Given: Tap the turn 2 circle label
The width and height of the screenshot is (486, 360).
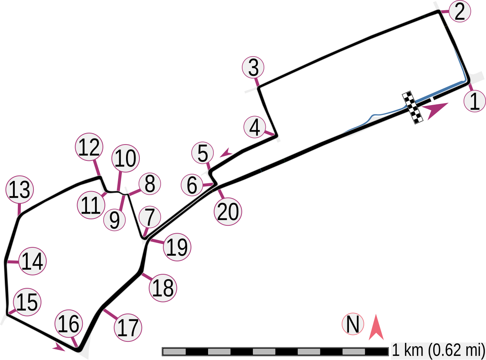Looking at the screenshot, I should (459, 12).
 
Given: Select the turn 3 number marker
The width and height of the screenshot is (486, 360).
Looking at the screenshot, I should (254, 68).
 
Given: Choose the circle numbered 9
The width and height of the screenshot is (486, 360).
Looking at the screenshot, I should (114, 220).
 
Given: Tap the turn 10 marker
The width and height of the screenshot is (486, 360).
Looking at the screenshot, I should (125, 159).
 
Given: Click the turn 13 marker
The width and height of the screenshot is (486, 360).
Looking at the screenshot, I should (20, 190).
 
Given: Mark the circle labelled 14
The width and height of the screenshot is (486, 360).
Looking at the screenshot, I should (33, 261).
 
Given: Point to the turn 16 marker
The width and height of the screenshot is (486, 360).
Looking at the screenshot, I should (69, 324).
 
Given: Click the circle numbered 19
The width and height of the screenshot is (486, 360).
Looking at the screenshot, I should (177, 248).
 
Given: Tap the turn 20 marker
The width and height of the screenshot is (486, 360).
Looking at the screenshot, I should (228, 212).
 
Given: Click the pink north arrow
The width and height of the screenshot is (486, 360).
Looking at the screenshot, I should (376, 327).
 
